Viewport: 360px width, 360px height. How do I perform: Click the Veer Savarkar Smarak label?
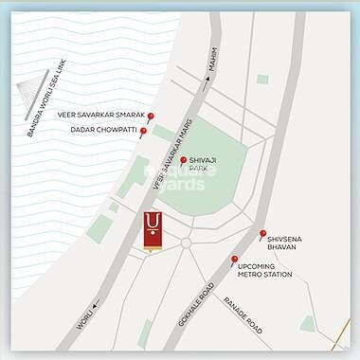click(x=100, y=116)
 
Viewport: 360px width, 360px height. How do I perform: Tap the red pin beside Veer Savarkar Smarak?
click(x=150, y=116)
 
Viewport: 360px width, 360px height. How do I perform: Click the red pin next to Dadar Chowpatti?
click(x=143, y=132)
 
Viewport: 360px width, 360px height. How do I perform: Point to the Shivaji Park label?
click(x=205, y=166)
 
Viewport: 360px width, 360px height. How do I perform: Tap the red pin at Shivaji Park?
click(x=183, y=160)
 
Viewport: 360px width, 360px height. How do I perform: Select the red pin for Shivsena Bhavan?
click(x=262, y=233)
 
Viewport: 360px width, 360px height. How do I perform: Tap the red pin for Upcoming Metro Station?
click(x=234, y=260)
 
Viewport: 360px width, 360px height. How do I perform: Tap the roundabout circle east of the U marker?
click(x=187, y=243)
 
